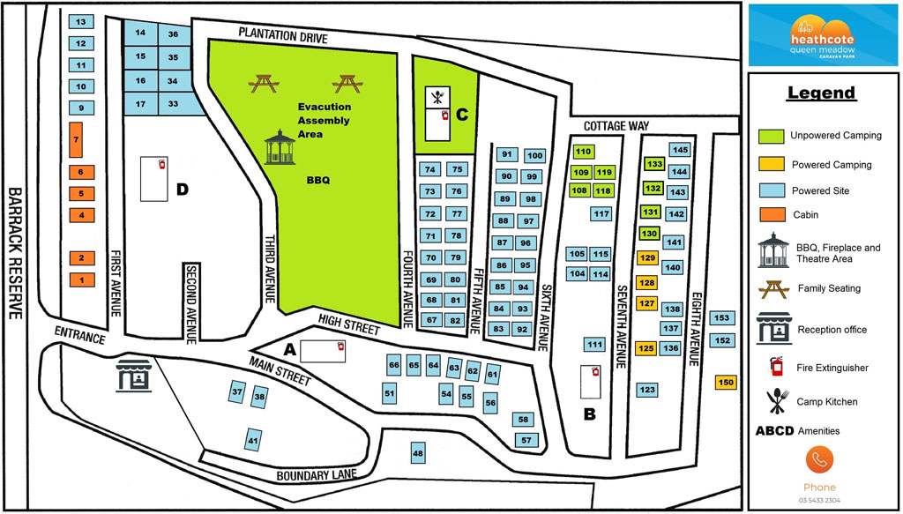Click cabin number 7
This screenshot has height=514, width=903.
click(76, 140)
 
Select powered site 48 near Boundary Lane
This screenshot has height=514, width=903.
click(418, 454)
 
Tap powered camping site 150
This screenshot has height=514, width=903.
click(725, 382)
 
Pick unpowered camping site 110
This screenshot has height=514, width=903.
click(582, 152)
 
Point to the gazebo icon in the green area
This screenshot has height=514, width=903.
click(281, 147)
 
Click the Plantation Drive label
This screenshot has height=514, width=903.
click(283, 34)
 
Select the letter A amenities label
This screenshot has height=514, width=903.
click(288, 348)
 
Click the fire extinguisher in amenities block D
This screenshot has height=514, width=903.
click(161, 165)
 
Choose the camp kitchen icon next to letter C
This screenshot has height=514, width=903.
click(438, 95)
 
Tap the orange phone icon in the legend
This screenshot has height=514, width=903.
click(818, 460)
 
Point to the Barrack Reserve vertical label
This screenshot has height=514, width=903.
click(15, 256)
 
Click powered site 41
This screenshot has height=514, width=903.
click(253, 440)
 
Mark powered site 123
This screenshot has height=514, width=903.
click(647, 389)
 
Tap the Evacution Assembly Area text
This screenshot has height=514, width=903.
click(323, 120)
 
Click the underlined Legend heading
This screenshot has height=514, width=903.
click(821, 93)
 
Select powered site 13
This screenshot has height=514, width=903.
click(80, 21)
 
